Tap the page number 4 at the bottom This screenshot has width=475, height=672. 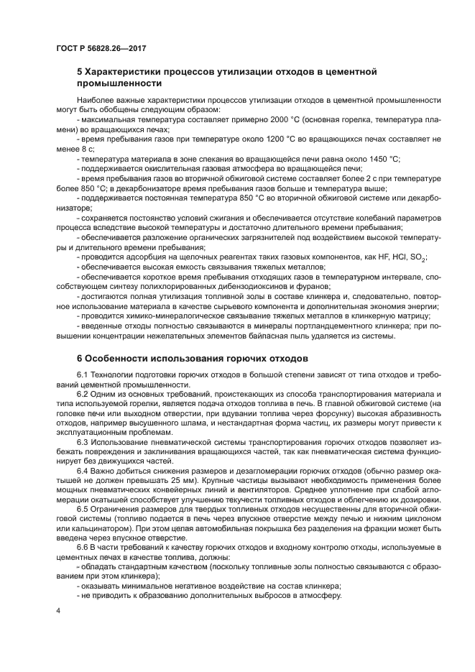click(57, 610)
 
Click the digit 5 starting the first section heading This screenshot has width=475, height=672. click(80, 72)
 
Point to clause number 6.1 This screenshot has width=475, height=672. click(83, 375)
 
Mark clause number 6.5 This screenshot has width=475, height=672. click(83, 507)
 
